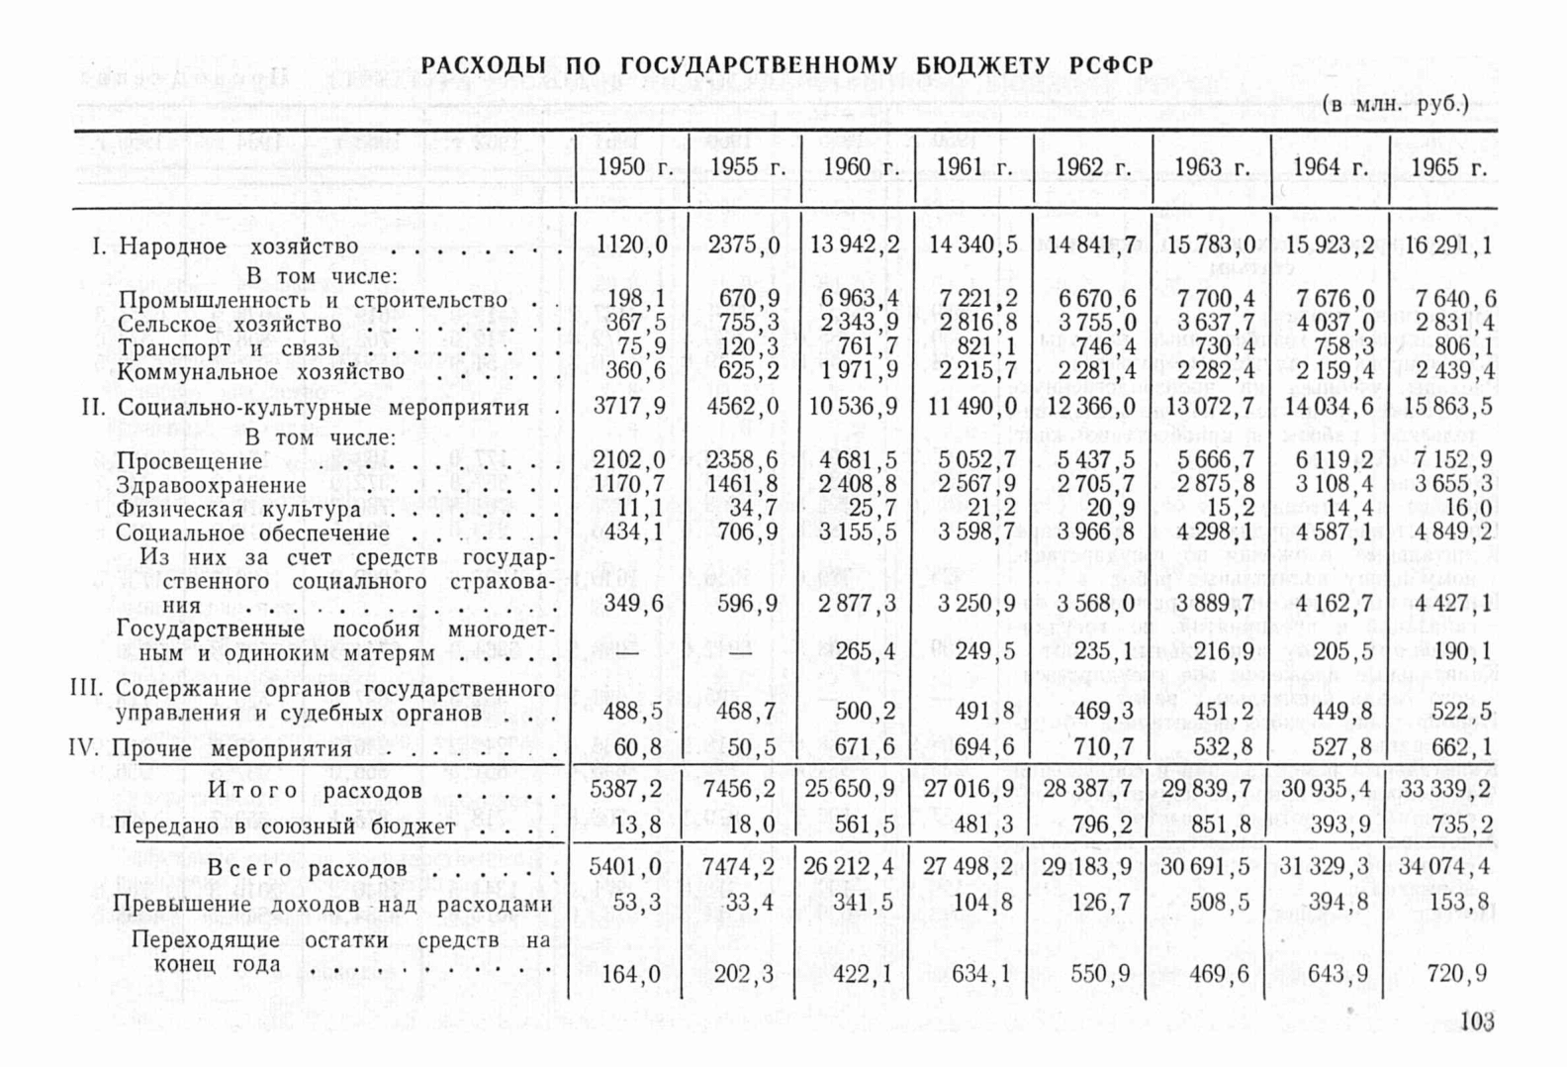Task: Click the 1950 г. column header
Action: (634, 167)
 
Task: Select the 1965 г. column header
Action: (1448, 167)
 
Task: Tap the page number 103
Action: (1476, 1021)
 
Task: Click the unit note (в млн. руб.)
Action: (1395, 104)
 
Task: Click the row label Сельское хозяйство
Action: (230, 325)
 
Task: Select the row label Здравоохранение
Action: (212, 485)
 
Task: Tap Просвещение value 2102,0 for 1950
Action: (629, 459)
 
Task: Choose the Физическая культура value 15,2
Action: (1230, 509)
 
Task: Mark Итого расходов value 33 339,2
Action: (1444, 789)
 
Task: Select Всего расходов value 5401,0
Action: (625, 867)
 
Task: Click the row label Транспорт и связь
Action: (229, 348)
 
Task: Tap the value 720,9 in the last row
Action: (1456, 974)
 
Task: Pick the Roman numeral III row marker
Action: (87, 688)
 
